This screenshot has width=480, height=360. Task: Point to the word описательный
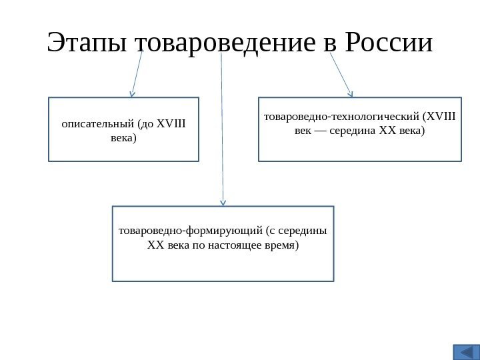97,123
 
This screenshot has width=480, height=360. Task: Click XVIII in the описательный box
171,123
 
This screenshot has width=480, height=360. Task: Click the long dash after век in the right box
317,131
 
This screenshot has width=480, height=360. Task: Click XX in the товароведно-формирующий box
155,246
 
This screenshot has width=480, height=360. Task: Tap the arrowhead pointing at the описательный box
132,94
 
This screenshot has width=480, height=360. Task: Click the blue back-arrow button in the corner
466,351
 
